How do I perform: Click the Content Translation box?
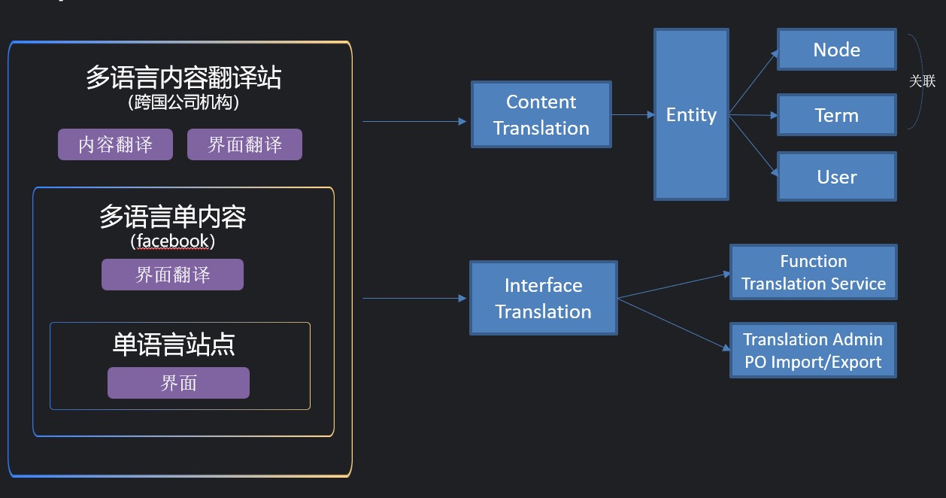[x=541, y=114]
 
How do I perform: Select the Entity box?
[x=691, y=114]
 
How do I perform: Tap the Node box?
[x=837, y=50]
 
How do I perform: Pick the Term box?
[x=837, y=115]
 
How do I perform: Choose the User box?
[x=837, y=176]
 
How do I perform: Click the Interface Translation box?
[x=544, y=298]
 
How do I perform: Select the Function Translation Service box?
[x=814, y=272]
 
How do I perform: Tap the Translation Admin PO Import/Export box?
[x=813, y=350]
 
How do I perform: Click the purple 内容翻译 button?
[x=115, y=144]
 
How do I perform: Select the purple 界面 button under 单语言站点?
[x=178, y=383]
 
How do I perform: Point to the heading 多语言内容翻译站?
[x=183, y=77]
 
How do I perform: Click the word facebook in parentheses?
[x=173, y=241]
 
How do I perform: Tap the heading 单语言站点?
[x=174, y=345]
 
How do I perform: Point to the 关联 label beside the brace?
[x=922, y=80]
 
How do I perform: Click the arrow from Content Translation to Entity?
[x=632, y=114]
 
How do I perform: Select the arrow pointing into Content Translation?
[x=414, y=122]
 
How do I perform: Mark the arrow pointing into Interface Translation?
[x=414, y=298]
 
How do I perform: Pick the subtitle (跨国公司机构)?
[x=183, y=102]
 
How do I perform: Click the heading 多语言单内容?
[x=173, y=217]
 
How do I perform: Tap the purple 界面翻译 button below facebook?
[x=172, y=275]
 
